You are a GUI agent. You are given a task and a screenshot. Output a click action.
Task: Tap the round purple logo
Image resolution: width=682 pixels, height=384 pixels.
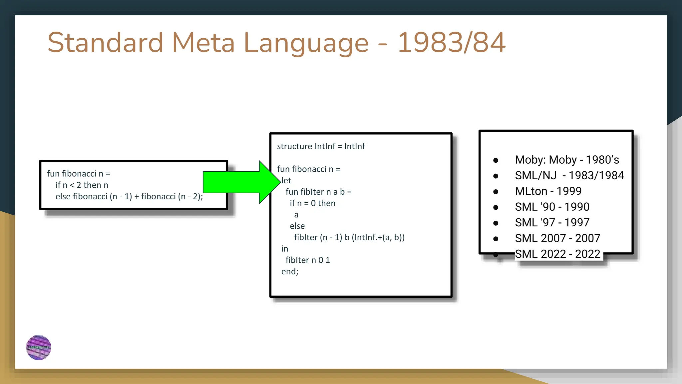click(39, 347)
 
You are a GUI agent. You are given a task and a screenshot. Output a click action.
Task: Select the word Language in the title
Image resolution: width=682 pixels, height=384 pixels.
click(306, 43)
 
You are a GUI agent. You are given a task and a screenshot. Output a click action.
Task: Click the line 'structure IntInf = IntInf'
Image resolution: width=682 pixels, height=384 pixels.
click(321, 146)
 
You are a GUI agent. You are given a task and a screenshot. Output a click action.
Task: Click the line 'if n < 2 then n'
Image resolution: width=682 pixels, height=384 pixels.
click(82, 185)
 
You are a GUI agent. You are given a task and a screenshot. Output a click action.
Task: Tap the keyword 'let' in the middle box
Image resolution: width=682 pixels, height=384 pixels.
click(286, 181)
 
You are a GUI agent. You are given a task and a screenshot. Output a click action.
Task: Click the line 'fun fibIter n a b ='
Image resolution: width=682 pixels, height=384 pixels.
click(318, 192)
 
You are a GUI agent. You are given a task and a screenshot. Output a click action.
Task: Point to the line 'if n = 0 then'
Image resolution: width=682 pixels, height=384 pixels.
click(312, 203)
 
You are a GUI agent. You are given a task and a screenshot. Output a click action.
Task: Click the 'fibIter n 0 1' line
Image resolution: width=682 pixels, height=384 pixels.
click(307, 260)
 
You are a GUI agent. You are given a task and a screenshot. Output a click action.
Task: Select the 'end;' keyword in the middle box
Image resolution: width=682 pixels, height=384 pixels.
click(289, 272)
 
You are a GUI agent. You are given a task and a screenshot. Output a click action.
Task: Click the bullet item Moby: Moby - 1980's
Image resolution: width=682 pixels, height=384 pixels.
click(567, 160)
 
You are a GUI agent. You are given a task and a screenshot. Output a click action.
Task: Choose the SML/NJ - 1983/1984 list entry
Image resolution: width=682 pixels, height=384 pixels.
click(569, 175)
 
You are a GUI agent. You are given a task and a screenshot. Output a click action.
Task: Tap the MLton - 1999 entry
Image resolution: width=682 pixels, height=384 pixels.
click(548, 191)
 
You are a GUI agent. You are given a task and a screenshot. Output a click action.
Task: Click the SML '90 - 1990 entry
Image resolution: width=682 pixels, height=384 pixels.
click(552, 207)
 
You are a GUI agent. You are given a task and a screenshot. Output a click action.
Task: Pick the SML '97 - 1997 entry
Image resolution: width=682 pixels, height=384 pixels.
click(552, 222)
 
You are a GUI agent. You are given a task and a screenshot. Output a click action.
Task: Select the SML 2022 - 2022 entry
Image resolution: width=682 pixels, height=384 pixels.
click(557, 254)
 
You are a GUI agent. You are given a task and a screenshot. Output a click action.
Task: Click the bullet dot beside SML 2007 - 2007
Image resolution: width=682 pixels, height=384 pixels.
click(496, 239)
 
